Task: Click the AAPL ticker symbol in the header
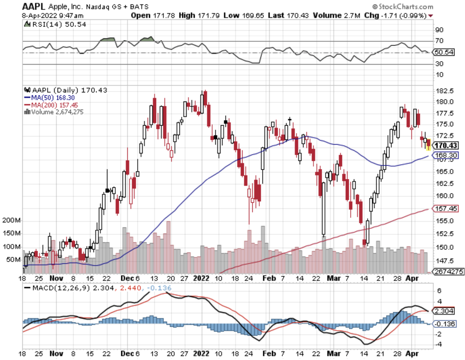tap(34, 6)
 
